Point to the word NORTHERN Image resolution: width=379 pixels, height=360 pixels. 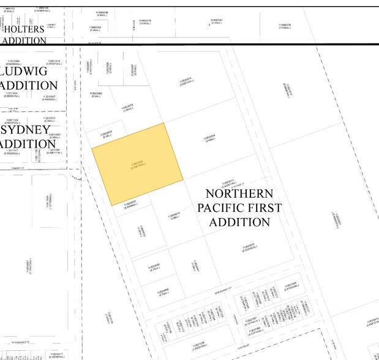(239, 195)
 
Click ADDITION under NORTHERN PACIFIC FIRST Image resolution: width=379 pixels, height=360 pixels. (239, 222)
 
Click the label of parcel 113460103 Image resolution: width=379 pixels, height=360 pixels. (95, 28)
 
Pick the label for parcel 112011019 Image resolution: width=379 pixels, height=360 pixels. (54, 62)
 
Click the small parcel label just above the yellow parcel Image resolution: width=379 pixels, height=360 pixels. (108, 135)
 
